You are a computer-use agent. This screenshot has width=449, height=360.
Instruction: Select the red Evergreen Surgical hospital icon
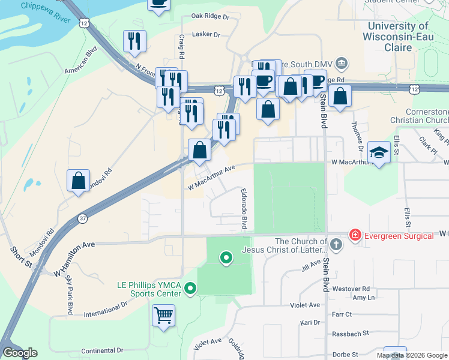[355, 235]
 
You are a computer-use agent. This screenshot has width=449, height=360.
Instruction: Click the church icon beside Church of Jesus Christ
[336, 244]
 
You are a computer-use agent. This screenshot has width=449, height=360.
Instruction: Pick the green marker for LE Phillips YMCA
[190, 289]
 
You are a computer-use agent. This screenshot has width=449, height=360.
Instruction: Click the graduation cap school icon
[379, 152]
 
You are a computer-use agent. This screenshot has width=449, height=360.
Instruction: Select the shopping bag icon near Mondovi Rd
[79, 180]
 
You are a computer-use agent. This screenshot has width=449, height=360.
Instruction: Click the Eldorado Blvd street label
[244, 209]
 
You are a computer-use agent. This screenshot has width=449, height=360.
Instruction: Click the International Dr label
[106, 309]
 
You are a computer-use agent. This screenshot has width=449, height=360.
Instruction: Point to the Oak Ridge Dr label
[210, 16]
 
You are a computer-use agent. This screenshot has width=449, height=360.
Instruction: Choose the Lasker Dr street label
[206, 34]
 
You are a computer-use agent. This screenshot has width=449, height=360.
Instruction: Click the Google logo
[20, 353]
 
